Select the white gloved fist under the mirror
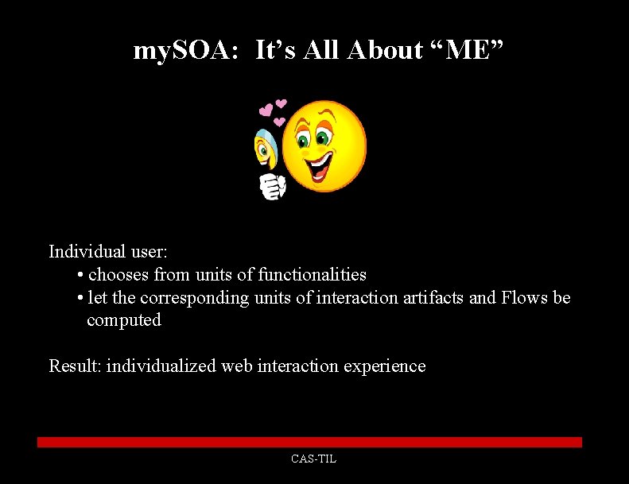(x=272, y=186)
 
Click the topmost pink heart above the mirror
(x=281, y=105)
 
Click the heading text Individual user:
(x=108, y=252)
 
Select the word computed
(x=124, y=320)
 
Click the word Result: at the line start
(x=75, y=366)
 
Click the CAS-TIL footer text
(x=314, y=459)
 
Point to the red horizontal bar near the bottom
(x=310, y=442)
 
